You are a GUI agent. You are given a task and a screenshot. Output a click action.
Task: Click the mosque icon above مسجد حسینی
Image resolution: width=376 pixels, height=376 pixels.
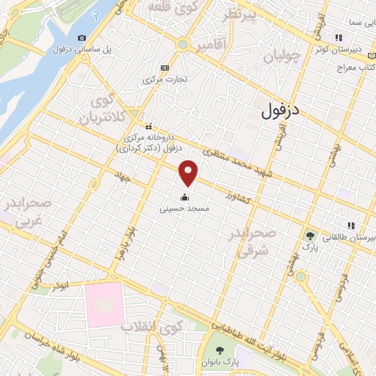[184, 196]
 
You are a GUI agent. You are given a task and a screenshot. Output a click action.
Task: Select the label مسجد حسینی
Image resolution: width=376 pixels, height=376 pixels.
[184, 209]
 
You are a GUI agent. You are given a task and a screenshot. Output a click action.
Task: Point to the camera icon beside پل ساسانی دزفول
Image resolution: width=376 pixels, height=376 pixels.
[82, 37]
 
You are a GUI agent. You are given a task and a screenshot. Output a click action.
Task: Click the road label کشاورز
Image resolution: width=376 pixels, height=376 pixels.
[241, 197]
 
